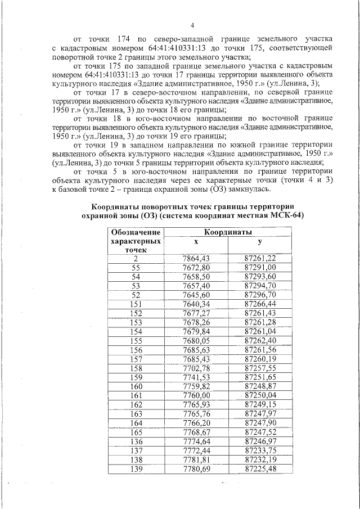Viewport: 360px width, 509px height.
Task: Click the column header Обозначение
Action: (136, 232)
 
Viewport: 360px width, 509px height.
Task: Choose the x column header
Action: (196, 241)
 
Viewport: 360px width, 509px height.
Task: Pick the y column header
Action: (260, 241)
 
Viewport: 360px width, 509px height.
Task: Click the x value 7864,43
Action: (196, 258)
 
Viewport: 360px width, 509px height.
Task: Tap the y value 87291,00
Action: (260, 267)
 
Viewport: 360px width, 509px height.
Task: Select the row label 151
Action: (136, 304)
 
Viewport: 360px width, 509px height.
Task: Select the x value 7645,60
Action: (196, 294)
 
